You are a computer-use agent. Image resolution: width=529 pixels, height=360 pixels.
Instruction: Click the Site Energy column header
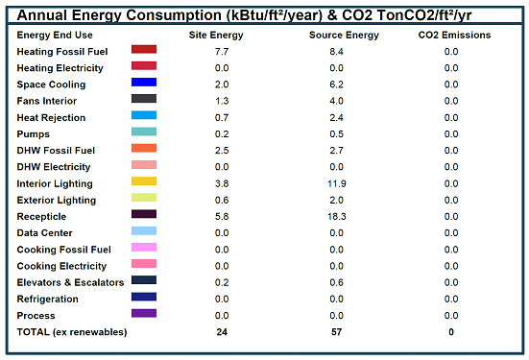pyautogui.click(x=216, y=36)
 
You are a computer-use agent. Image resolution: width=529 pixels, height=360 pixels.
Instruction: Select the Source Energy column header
pyautogui.click(x=344, y=36)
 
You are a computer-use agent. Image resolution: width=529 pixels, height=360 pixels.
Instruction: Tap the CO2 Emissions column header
pyautogui.click(x=454, y=36)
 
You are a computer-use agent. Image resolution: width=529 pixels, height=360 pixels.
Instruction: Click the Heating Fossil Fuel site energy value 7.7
pyautogui.click(x=222, y=52)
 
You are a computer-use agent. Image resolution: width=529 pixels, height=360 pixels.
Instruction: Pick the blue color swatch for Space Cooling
pyautogui.click(x=144, y=82)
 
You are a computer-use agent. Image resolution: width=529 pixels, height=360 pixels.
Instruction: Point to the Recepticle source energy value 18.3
pyautogui.click(x=337, y=217)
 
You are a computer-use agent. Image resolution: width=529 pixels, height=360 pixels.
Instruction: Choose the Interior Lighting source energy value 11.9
pyautogui.click(x=337, y=183)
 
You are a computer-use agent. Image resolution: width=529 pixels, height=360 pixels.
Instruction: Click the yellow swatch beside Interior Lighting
pyautogui.click(x=144, y=181)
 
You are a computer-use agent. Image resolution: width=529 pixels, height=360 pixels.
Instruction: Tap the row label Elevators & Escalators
pyautogui.click(x=70, y=282)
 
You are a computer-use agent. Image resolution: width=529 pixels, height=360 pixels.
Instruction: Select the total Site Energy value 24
pyautogui.click(x=222, y=332)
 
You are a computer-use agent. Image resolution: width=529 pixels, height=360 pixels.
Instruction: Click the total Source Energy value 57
pyautogui.click(x=336, y=332)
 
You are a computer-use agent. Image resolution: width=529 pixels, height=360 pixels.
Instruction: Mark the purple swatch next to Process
pyautogui.click(x=144, y=313)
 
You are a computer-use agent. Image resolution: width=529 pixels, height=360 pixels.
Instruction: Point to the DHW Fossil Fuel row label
pyautogui.click(x=56, y=151)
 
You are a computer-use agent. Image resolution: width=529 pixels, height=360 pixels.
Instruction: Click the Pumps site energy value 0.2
pyautogui.click(x=222, y=134)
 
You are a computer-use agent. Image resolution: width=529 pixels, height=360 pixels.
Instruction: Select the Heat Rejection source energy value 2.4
pyautogui.click(x=336, y=118)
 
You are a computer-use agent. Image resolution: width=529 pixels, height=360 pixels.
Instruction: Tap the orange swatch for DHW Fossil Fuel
pyautogui.click(x=144, y=148)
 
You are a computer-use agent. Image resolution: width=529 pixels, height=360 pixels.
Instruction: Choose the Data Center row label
pyautogui.click(x=44, y=233)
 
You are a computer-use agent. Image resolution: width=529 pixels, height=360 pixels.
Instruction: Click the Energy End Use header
pyautogui.click(x=55, y=36)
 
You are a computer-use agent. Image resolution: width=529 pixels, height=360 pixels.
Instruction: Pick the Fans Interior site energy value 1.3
pyautogui.click(x=222, y=101)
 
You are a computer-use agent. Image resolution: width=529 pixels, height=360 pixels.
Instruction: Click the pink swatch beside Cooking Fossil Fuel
pyautogui.click(x=144, y=248)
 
